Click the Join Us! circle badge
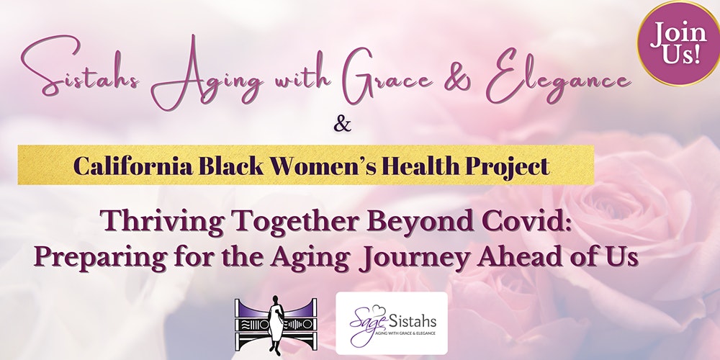pyautogui.click(x=679, y=43)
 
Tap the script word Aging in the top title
pyautogui.click(x=207, y=76)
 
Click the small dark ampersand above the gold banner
pyautogui.click(x=342, y=124)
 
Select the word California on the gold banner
pyautogui.click(x=133, y=166)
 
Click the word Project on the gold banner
pyautogui.click(x=508, y=167)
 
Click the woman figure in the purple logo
pyautogui.click(x=276, y=325)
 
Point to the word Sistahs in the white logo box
pyautogui.click(x=413, y=320)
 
